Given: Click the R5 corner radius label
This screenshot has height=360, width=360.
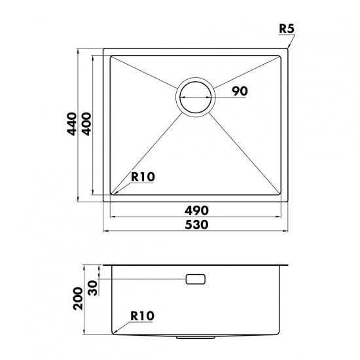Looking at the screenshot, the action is coord(286,29).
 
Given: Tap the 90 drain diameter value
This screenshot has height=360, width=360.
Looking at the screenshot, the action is coord(240,91).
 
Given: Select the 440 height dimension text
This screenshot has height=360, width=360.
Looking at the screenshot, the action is coord(71,124).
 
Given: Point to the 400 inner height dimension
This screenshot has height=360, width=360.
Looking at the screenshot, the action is coord(86,124).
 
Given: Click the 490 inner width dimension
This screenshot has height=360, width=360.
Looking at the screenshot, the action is coord(197,210).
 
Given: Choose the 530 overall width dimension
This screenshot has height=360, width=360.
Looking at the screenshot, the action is coord(197,225).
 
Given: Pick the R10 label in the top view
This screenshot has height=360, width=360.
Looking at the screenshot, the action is coord(143,177).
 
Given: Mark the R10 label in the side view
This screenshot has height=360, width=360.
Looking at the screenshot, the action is coord(142,316).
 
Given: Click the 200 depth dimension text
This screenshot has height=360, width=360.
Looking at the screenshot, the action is coord(78,298).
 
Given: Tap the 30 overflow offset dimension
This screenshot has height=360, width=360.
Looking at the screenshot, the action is coord(93,288).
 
